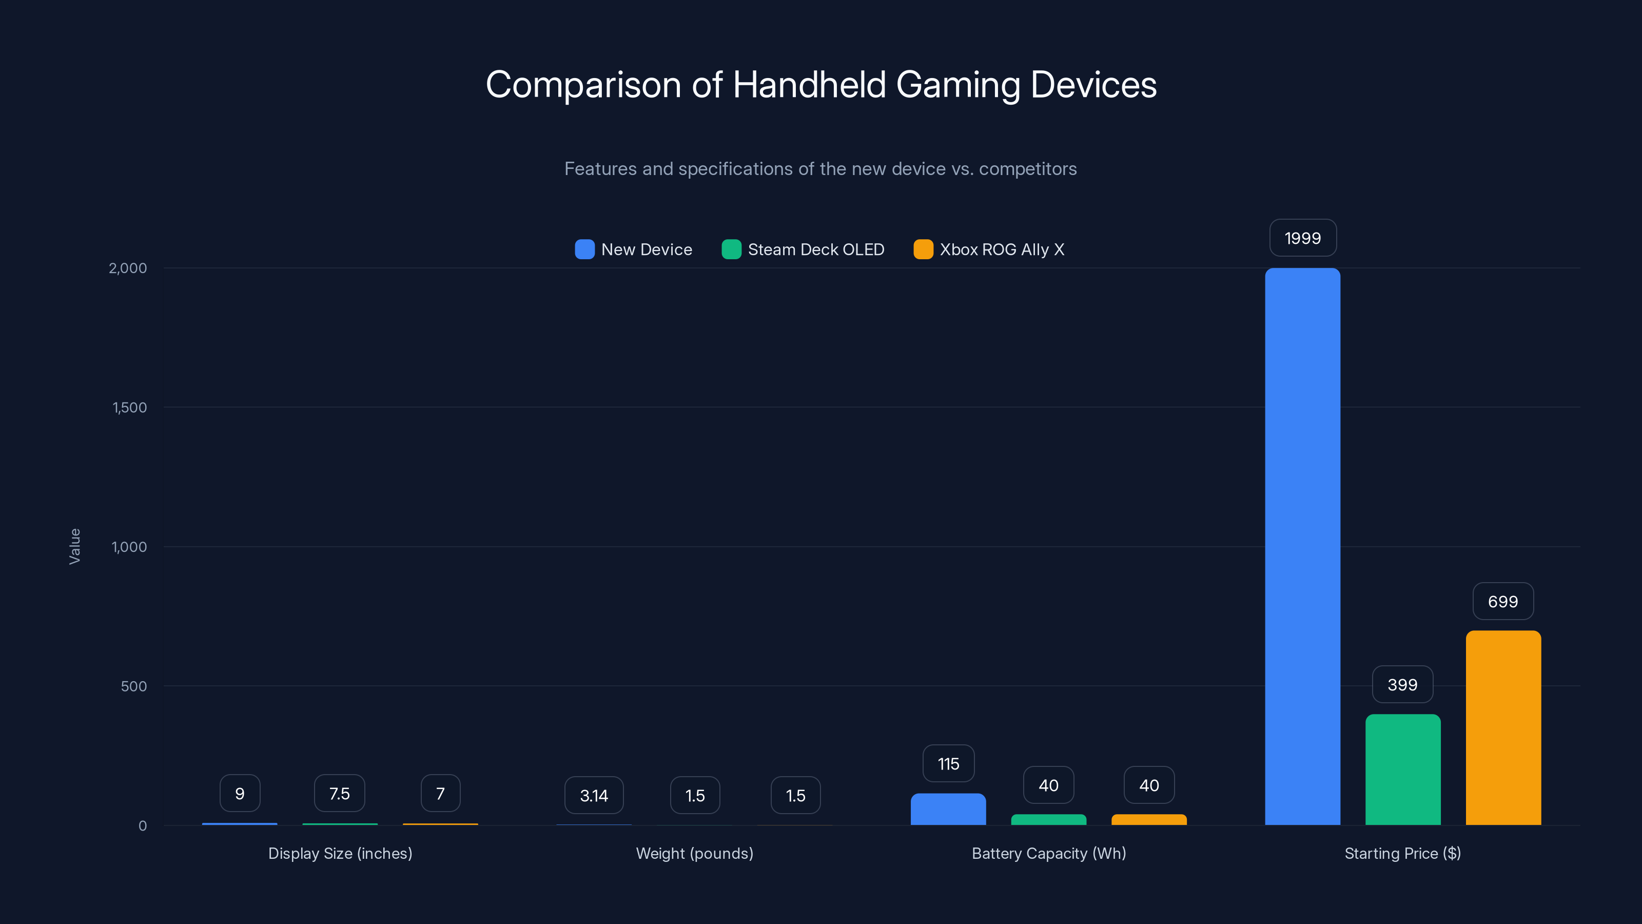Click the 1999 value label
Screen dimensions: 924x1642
1302,238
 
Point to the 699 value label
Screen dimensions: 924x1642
1502,601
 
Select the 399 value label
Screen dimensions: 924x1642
1402,684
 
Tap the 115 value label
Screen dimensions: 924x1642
948,763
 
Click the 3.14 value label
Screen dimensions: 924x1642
594,795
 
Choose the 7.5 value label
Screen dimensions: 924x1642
339,793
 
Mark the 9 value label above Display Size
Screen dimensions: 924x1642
240,793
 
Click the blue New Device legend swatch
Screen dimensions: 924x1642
584,249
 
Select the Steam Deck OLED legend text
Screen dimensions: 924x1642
816,249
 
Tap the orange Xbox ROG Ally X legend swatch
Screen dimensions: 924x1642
923,249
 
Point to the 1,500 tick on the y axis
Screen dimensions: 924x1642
129,408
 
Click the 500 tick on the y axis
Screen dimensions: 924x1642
134,686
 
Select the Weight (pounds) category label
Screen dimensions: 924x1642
694,853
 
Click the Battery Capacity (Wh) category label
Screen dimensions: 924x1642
1048,853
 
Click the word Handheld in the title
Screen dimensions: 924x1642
809,85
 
